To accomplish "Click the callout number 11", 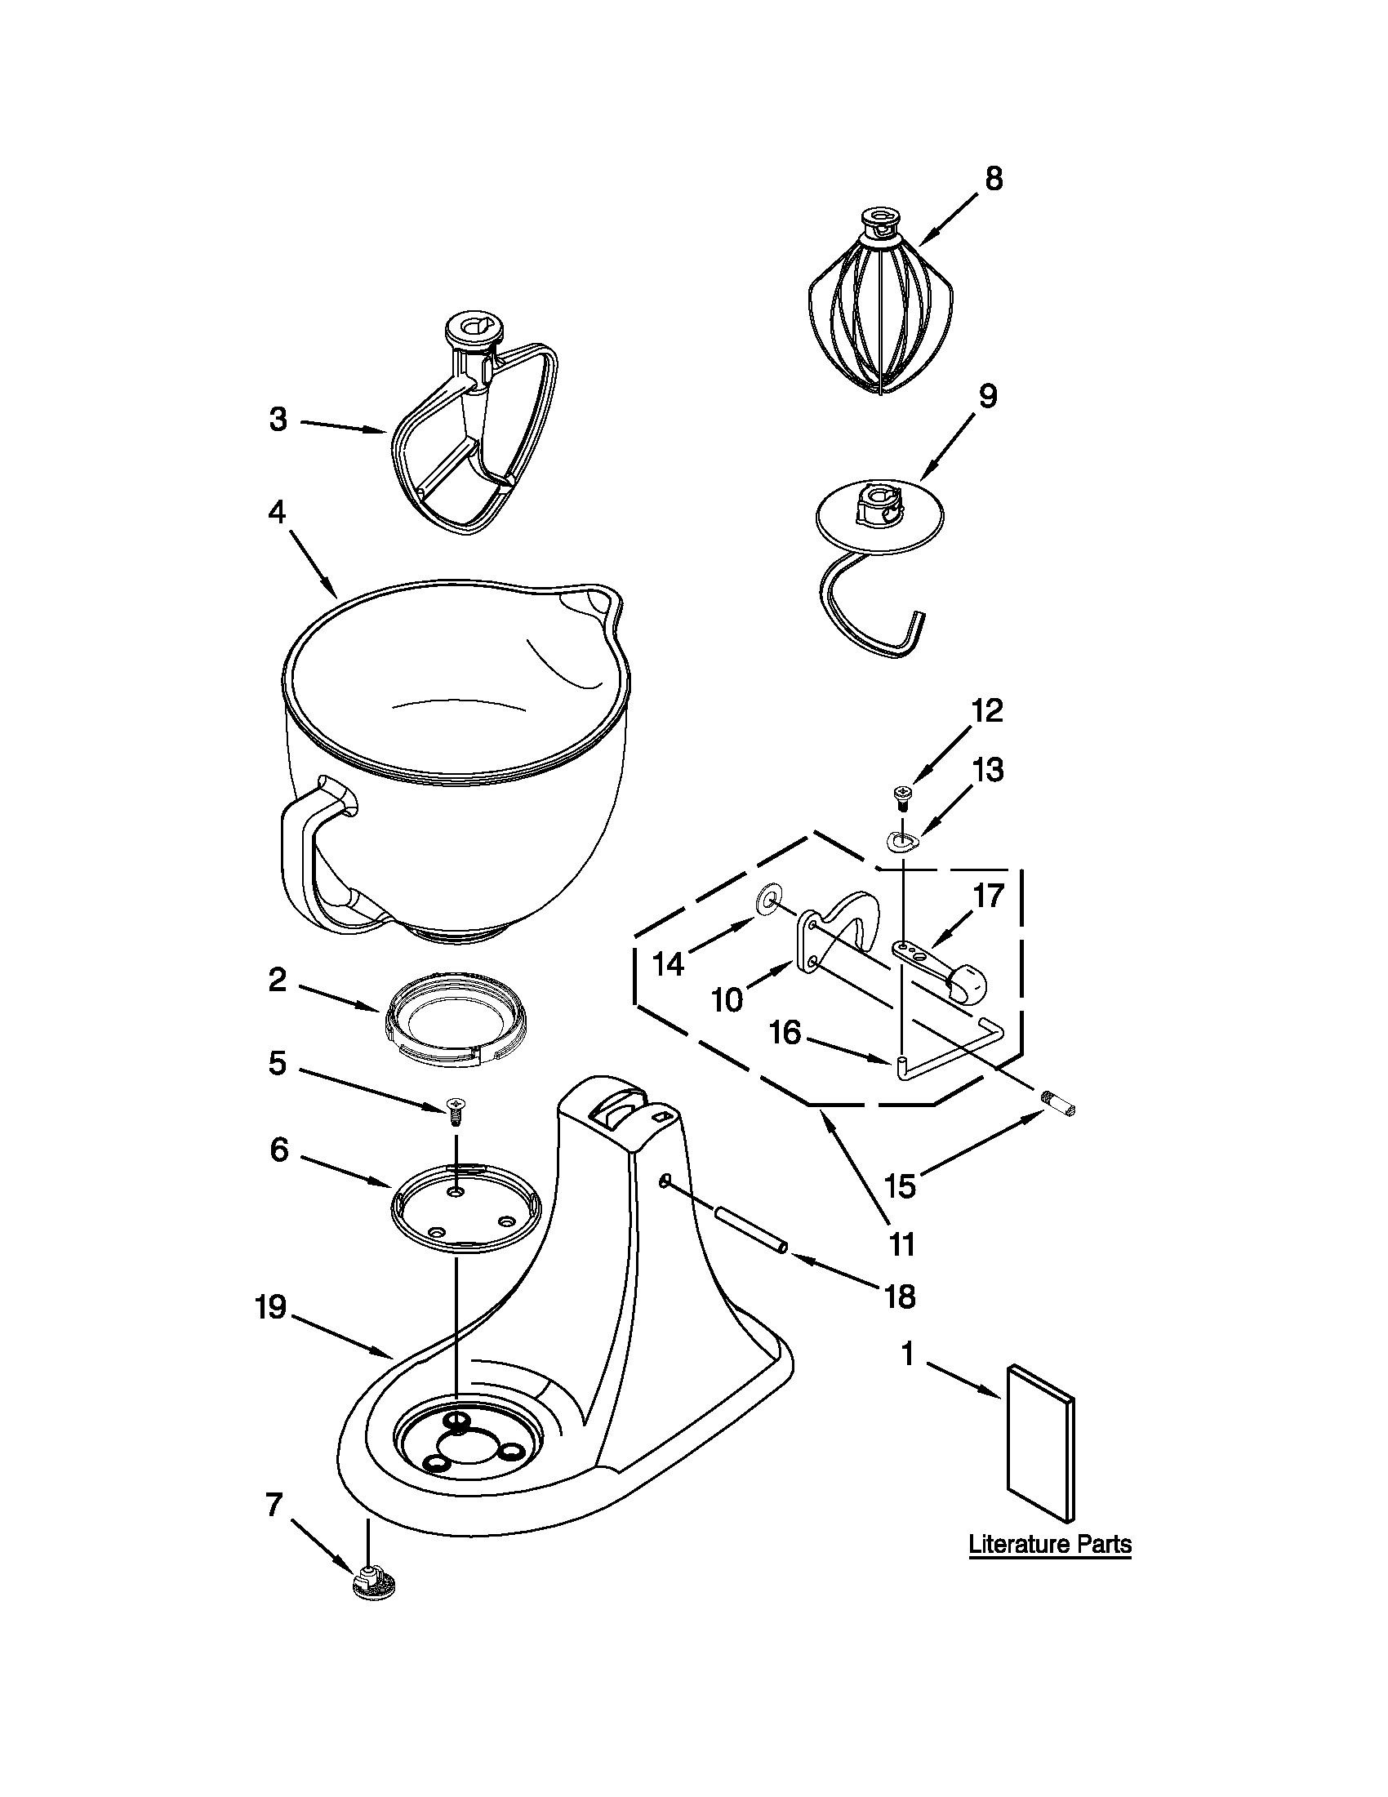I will (902, 1244).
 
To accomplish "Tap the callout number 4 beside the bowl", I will (277, 512).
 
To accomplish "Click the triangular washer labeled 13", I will (902, 841).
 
